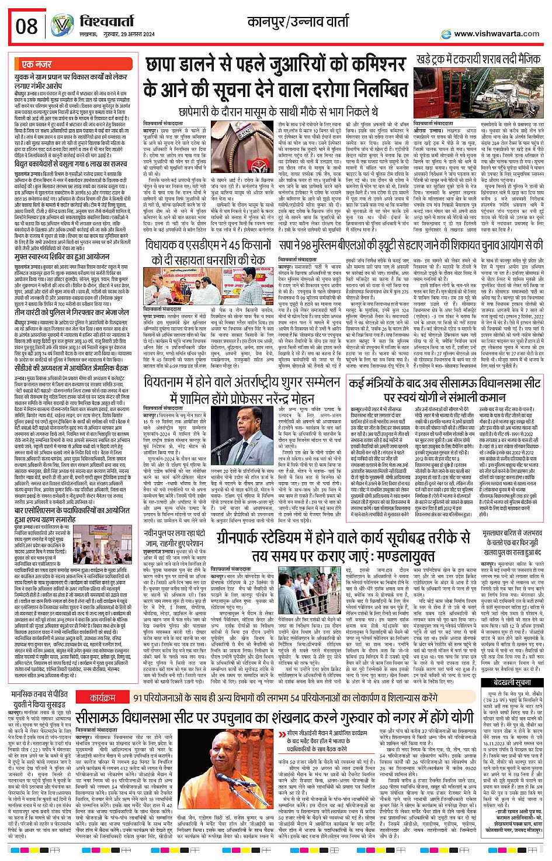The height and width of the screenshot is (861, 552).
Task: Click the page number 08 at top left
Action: [26, 26]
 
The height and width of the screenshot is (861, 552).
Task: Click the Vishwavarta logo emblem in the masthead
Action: [61, 26]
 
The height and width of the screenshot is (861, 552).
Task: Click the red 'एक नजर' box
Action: [36, 64]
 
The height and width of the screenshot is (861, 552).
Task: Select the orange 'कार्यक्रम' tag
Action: [103, 698]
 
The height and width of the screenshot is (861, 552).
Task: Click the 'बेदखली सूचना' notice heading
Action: [512, 682]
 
